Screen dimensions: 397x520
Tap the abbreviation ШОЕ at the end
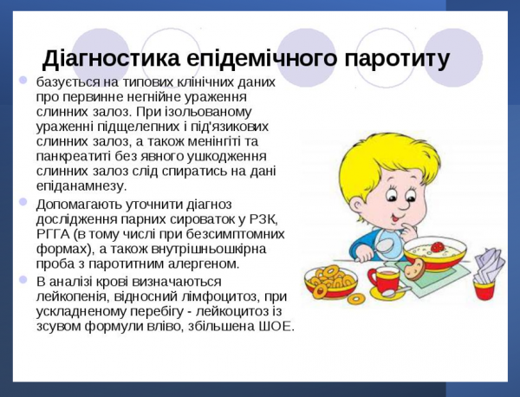click(x=276, y=328)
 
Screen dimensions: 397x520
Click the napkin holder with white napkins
click(x=488, y=269)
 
